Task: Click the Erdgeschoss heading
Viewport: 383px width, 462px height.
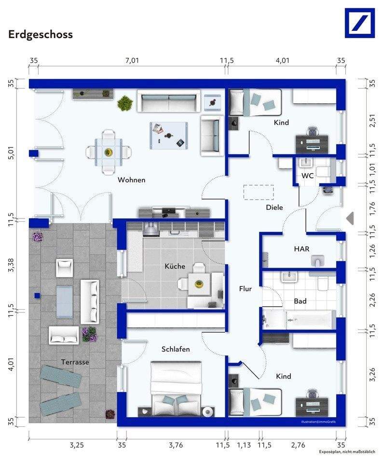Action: tap(41, 34)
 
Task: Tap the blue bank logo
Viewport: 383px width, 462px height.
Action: tap(360, 23)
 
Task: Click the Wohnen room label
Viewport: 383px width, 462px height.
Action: tap(131, 180)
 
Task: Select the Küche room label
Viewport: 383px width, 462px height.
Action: tap(175, 266)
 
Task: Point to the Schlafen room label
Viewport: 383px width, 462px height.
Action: tap(176, 349)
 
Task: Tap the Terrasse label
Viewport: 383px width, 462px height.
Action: tap(75, 362)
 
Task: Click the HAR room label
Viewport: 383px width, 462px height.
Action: tap(301, 249)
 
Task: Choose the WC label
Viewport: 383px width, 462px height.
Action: tap(307, 176)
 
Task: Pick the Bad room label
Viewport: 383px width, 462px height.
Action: tap(300, 301)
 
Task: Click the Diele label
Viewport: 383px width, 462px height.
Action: tap(274, 207)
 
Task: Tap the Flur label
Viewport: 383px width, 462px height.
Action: tap(246, 289)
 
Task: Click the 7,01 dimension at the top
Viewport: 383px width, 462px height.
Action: tap(132, 60)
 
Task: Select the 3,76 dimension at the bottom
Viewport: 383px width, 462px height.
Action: tap(176, 445)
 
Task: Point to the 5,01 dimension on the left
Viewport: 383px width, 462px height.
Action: tap(11, 154)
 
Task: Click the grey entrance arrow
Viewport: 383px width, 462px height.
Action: tap(350, 218)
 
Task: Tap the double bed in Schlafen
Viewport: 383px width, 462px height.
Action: tap(176, 388)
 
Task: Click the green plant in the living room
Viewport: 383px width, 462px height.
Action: tap(125, 103)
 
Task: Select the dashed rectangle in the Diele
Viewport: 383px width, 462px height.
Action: tap(259, 192)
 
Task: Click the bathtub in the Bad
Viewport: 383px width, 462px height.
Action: tap(311, 319)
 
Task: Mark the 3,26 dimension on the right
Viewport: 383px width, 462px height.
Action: tap(372, 375)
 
